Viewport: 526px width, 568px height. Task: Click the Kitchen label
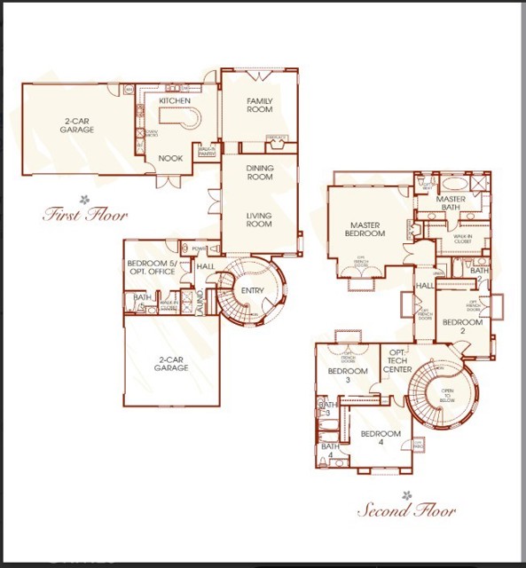pos(174,101)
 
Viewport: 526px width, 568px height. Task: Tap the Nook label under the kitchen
pos(170,158)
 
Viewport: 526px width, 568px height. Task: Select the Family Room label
pos(259,106)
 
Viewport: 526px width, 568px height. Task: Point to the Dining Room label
pos(259,172)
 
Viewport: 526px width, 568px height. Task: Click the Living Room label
pos(259,219)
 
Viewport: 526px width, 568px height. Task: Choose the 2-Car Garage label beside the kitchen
pos(79,125)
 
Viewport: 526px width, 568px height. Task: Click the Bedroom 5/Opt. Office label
pos(153,267)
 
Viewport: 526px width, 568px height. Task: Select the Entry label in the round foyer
pos(252,291)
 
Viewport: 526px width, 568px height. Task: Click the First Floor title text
pos(86,214)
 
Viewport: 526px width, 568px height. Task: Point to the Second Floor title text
pos(406,510)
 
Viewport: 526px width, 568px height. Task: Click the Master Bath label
pos(451,204)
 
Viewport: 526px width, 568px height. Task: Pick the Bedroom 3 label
pos(347,375)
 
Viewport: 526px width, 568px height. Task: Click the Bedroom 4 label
pos(380,438)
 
